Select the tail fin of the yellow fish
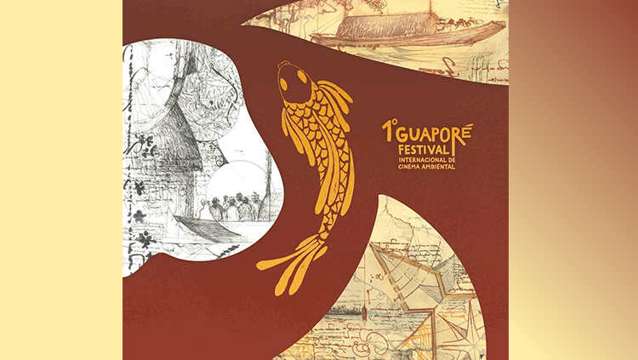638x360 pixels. [x=293, y=260]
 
